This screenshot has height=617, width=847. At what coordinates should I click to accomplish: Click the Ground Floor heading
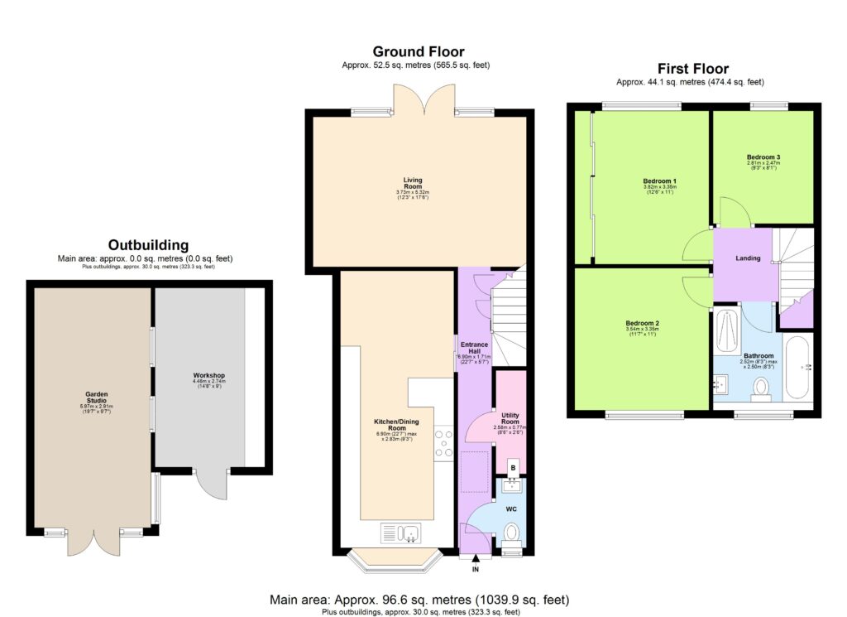(418, 52)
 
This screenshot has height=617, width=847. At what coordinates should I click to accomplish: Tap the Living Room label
(413, 179)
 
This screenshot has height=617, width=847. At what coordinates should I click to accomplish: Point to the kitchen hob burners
(443, 441)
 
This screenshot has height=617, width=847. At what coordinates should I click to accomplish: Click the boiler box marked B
(513, 468)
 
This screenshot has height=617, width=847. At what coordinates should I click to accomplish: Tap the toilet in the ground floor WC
(512, 532)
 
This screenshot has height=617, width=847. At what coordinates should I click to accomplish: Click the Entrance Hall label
(475, 347)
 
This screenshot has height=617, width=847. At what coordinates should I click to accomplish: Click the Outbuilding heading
(149, 245)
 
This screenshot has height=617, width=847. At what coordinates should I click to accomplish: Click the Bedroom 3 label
(763, 157)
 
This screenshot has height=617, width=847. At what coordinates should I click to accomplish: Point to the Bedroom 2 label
(642, 322)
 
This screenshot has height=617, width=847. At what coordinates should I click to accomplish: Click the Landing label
(748, 258)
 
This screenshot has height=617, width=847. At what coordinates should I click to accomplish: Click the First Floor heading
(693, 69)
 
